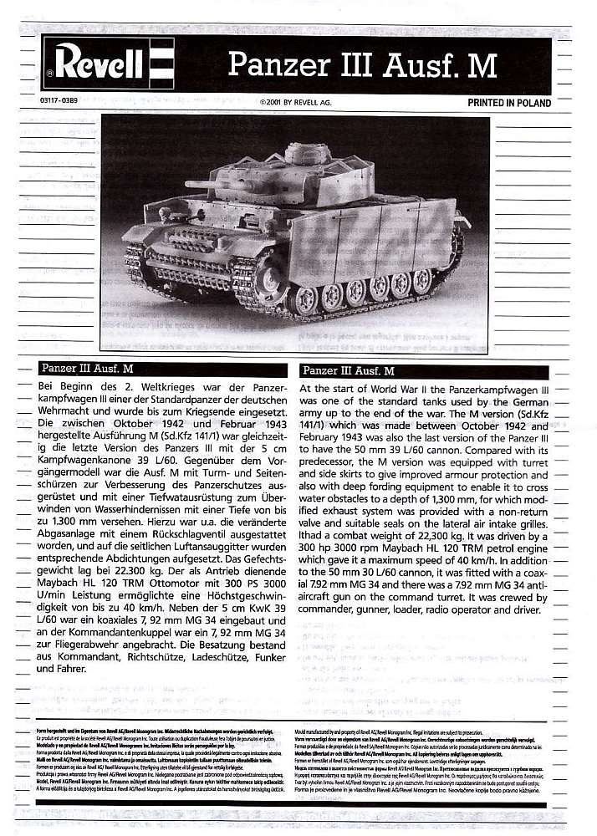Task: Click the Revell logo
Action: (x=107, y=63)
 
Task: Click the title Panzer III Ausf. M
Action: (x=363, y=64)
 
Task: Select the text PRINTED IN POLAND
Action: (x=509, y=104)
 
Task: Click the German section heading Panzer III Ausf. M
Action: (x=87, y=369)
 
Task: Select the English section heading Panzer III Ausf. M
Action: (x=348, y=370)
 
